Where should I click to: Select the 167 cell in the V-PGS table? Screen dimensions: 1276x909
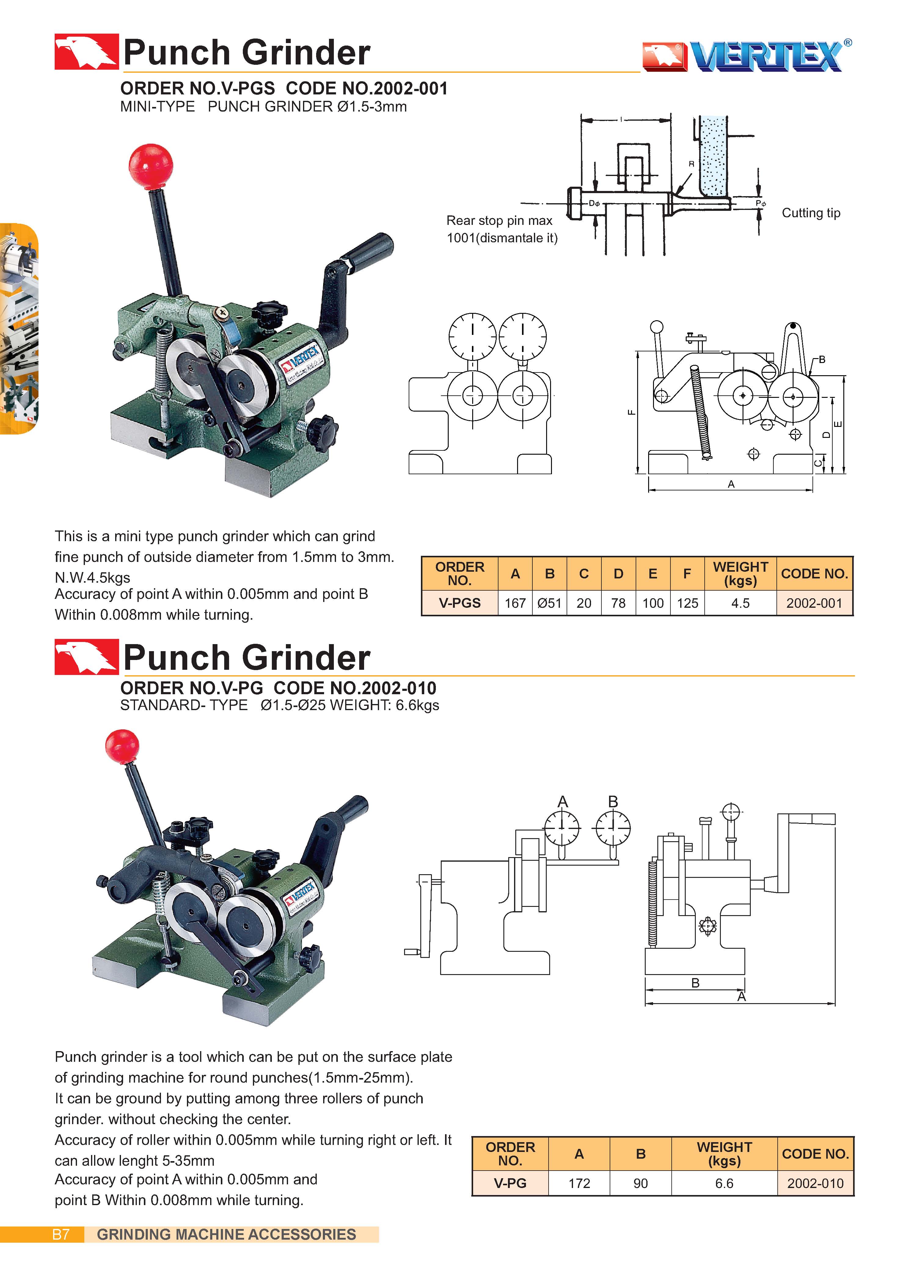[x=515, y=603]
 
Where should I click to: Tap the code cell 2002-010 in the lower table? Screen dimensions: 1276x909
[x=815, y=1183]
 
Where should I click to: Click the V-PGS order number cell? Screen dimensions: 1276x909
[x=459, y=603]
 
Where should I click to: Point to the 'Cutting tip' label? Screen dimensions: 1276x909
[x=810, y=213]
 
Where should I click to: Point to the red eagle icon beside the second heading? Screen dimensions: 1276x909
[x=86, y=656]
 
